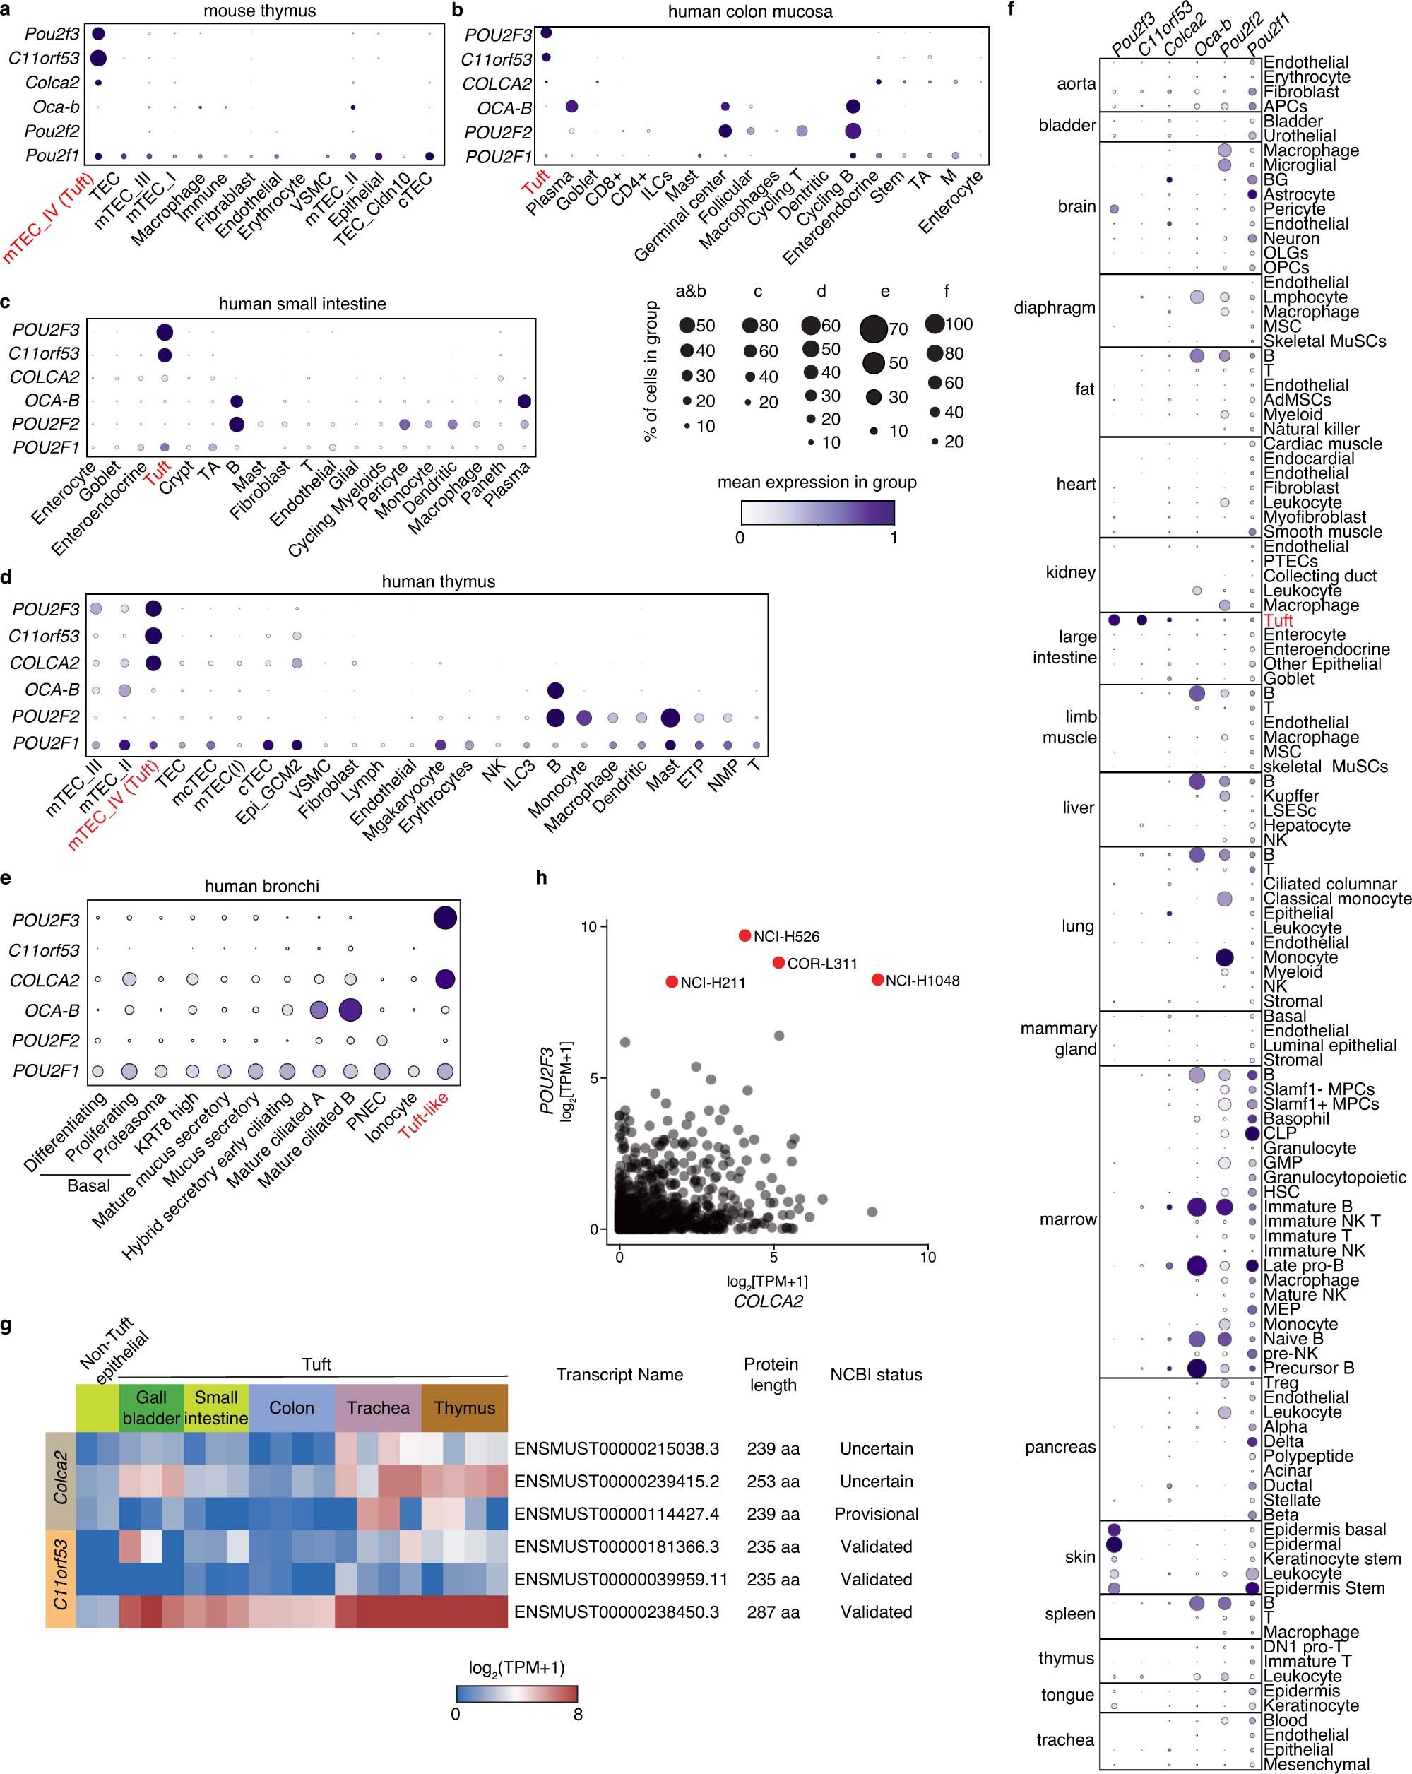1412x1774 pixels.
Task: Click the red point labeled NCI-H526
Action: (x=744, y=935)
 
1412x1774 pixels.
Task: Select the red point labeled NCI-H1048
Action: (x=877, y=979)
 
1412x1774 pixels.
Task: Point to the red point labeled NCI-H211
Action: (x=672, y=981)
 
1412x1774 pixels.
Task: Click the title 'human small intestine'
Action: (x=302, y=304)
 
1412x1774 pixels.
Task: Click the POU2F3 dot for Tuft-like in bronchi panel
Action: (x=445, y=918)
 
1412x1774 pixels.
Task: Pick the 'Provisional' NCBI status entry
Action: (x=877, y=1513)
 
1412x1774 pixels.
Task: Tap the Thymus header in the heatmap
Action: (x=464, y=1408)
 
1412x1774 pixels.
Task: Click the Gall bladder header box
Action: (x=151, y=1408)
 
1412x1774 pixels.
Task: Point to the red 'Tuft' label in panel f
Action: (x=1278, y=620)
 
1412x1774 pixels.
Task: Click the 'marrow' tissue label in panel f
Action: (x=1067, y=1219)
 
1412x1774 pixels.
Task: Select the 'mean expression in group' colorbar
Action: (x=817, y=513)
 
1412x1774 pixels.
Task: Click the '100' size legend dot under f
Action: (x=934, y=324)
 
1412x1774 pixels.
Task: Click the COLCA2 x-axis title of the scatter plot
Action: (x=767, y=1301)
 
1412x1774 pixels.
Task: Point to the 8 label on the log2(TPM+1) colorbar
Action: (x=578, y=1714)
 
